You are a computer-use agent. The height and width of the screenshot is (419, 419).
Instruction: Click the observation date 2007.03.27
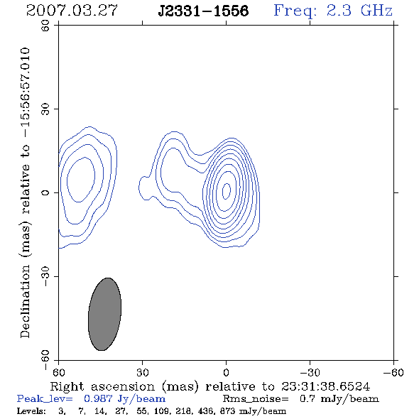(72, 11)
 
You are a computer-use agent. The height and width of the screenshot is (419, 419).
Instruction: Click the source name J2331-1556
(203, 11)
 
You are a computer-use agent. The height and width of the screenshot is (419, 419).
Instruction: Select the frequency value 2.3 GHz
(359, 11)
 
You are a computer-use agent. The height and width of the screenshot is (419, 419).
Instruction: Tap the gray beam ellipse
(105, 314)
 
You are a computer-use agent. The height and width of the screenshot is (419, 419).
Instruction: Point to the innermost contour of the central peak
(223, 191)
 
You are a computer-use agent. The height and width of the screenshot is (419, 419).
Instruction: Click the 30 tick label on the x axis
(143, 372)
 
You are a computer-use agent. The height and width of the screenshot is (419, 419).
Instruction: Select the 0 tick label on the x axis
(226, 372)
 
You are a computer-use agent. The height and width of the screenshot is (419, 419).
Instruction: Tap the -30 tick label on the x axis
(310, 372)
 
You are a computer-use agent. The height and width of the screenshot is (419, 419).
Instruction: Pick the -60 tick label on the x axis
(393, 372)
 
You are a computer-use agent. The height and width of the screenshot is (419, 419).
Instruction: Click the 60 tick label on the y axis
(45, 26)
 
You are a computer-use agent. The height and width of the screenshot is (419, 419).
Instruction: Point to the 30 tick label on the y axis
(45, 109)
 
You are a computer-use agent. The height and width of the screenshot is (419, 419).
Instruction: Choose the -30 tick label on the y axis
(45, 276)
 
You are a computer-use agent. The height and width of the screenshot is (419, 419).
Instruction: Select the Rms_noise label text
(256, 399)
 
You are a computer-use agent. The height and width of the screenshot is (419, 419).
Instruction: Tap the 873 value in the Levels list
(227, 411)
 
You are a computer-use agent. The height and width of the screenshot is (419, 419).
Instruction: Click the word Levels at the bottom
(31, 411)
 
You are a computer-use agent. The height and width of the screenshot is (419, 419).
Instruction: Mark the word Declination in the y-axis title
(25, 301)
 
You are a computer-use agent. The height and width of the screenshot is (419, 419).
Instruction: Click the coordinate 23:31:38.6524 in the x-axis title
(325, 386)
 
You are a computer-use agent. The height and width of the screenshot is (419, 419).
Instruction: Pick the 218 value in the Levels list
(183, 411)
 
